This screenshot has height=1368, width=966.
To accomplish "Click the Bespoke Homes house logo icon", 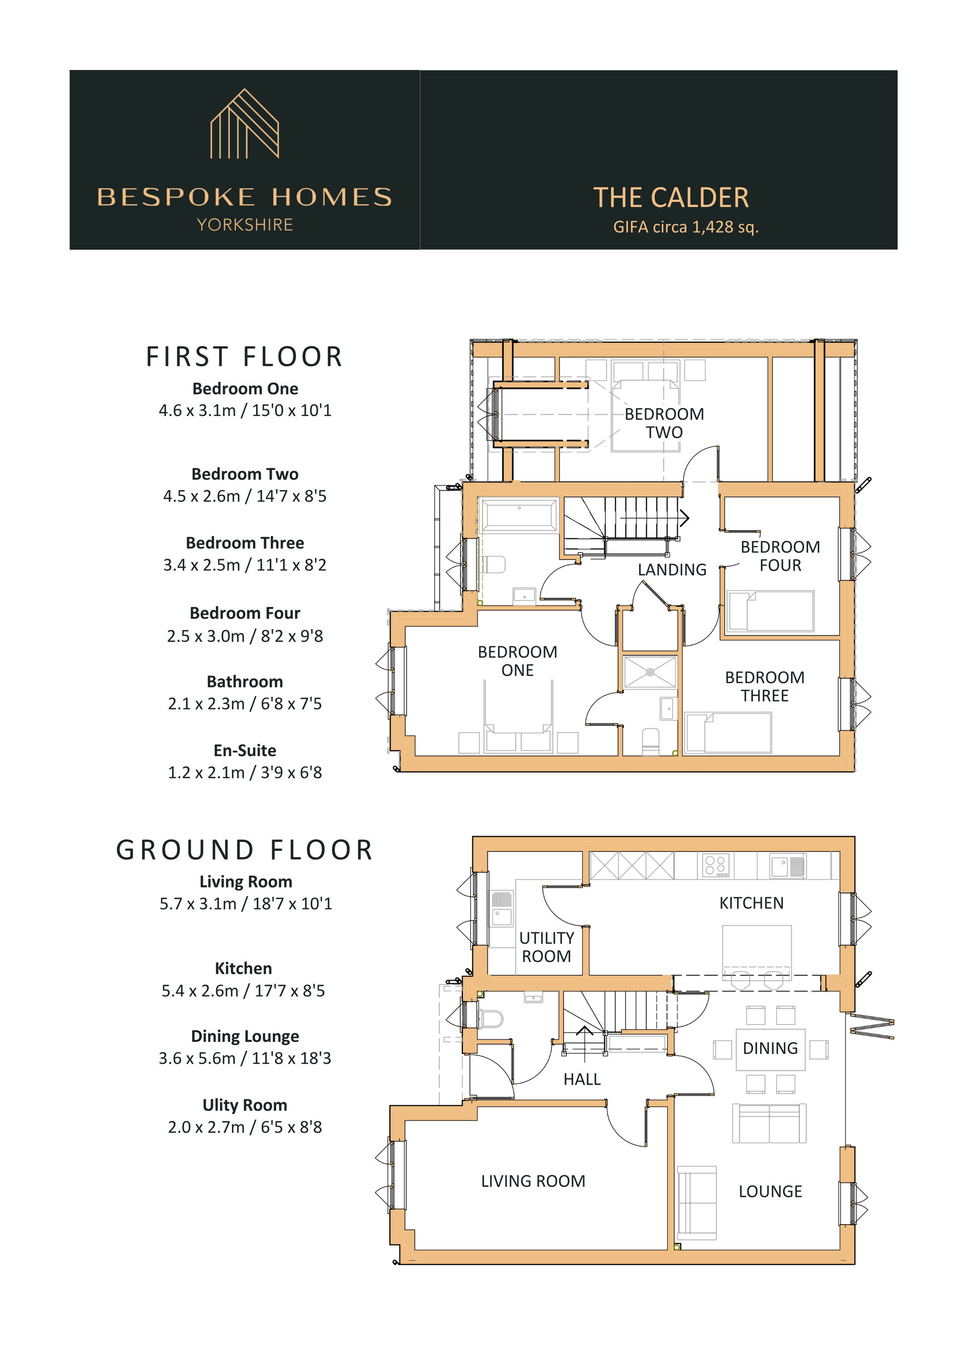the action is point(245,124).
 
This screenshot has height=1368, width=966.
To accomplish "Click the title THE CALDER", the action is point(671,198).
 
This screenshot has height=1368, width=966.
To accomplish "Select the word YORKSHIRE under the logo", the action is point(245,224).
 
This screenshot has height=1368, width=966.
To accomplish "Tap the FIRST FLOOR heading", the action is point(245,356).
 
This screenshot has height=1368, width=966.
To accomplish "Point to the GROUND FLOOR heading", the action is point(245,850).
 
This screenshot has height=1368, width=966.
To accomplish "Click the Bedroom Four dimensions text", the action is point(245,636).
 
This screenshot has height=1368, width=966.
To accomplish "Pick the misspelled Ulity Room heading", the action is point(245,1105).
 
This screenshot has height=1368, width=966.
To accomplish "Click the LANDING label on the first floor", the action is point(672,570).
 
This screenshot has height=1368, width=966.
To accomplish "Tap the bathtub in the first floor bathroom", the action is point(519,515).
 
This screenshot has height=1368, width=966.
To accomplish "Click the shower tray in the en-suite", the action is point(650,672).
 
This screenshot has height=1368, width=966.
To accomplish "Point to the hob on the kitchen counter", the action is point(716,865).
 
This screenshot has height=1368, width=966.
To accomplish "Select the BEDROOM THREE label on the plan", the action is point(765,686).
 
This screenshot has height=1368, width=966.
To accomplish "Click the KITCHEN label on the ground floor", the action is point(752,903).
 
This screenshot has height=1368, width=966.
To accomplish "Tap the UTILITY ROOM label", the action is point(546,947).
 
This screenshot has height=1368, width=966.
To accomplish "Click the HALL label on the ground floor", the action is point(582,1079).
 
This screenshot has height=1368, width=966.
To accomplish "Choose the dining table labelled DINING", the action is point(770,1049).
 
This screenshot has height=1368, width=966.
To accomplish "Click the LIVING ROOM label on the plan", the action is point(533,1181).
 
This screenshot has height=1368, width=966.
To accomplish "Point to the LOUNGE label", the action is point(770,1191).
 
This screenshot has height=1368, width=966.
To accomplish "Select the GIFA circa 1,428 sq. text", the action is point(686,227).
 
